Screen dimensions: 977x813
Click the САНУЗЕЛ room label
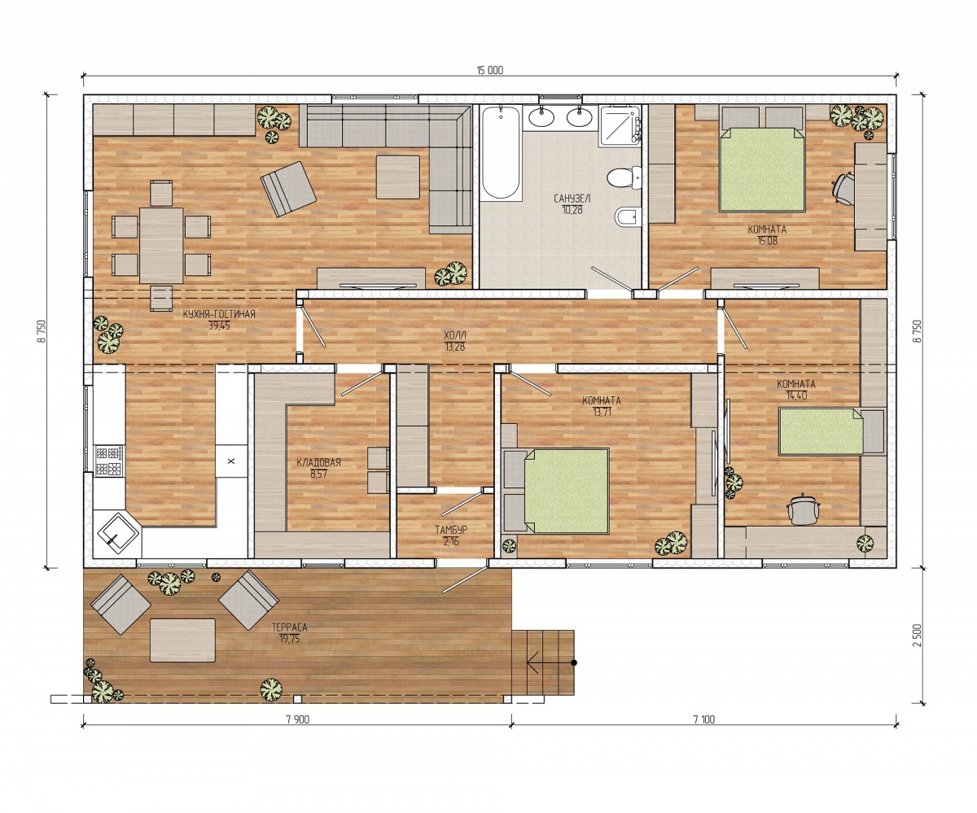point(572,199)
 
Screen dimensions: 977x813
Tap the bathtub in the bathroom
point(500,153)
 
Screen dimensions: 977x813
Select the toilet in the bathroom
point(624,177)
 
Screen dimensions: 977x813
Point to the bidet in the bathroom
point(627,217)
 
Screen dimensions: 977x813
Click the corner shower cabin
point(620,125)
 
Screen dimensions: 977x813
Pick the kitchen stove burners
point(109,461)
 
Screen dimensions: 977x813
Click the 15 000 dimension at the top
point(490,71)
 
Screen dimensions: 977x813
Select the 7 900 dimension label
point(298,719)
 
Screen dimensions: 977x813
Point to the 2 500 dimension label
point(917,636)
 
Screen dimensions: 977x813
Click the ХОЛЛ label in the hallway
point(455,335)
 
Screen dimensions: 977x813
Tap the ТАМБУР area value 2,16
point(450,542)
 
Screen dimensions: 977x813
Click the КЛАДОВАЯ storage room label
point(318,462)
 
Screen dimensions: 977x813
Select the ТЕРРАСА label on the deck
point(290,627)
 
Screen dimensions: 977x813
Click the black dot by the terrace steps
point(574,662)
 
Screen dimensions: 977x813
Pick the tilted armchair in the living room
point(288,189)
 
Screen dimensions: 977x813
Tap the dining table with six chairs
point(161,246)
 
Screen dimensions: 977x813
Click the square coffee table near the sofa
point(398,177)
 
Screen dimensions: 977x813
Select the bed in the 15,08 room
point(762,169)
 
